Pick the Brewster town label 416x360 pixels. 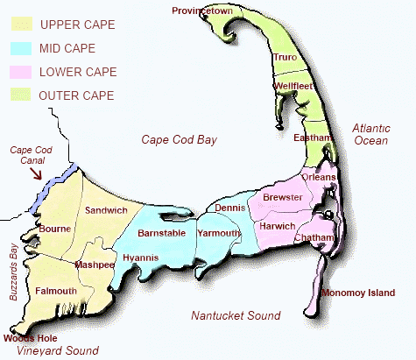(282, 198)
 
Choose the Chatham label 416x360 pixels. (317, 237)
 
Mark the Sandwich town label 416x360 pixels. (106, 210)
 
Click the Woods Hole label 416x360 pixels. (31, 337)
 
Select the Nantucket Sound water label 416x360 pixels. (236, 315)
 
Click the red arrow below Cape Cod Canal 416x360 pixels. (36, 172)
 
